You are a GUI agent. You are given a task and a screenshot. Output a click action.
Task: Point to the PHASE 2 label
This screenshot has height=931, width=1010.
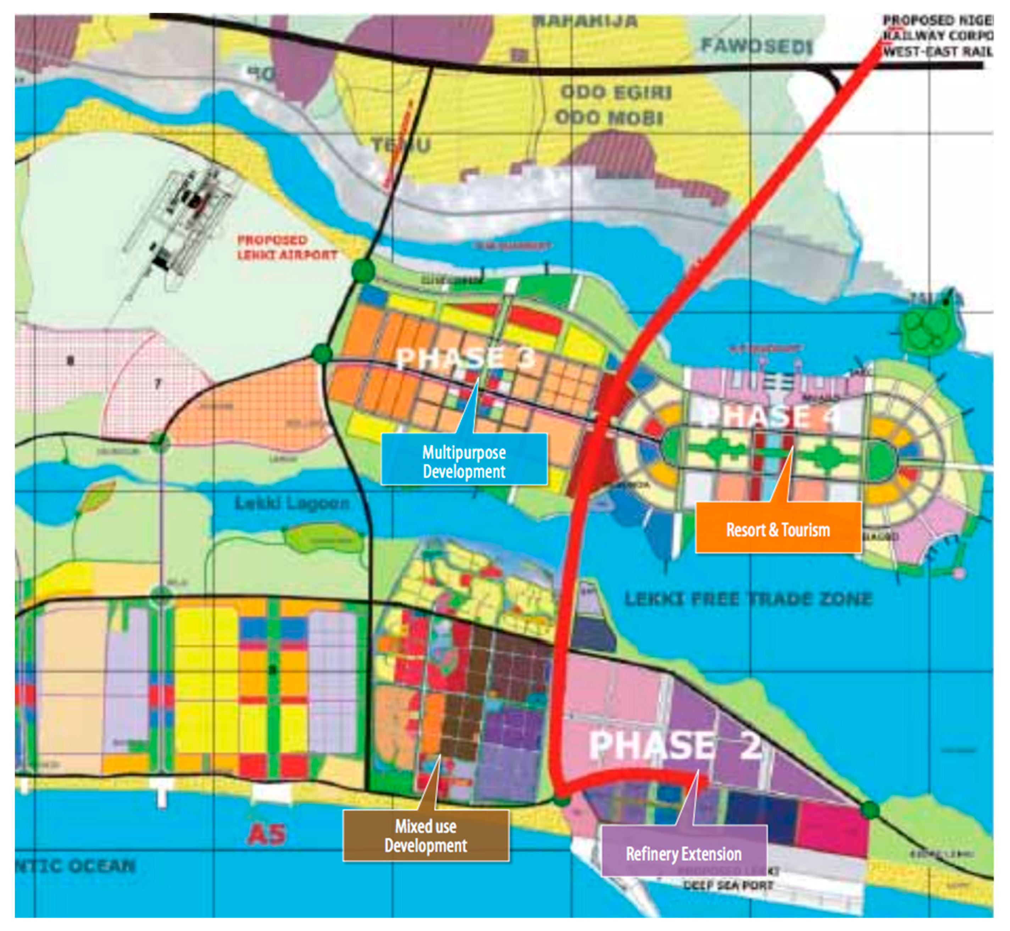[x=675, y=744]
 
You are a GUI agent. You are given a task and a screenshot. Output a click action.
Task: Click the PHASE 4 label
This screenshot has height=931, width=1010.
[x=771, y=416]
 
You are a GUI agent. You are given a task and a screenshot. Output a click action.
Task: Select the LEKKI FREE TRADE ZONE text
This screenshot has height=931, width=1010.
[x=748, y=599]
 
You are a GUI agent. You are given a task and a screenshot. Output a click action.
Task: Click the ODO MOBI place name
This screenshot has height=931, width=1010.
[x=609, y=118]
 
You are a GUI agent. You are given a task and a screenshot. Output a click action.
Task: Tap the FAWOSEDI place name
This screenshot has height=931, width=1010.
[x=757, y=46]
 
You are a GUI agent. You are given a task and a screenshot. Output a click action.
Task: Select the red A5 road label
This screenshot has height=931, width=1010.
[x=266, y=835]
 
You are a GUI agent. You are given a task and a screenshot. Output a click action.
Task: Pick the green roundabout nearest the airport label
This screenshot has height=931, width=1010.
[x=363, y=271]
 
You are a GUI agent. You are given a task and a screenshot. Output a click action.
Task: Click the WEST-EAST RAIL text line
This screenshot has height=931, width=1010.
[x=937, y=51]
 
